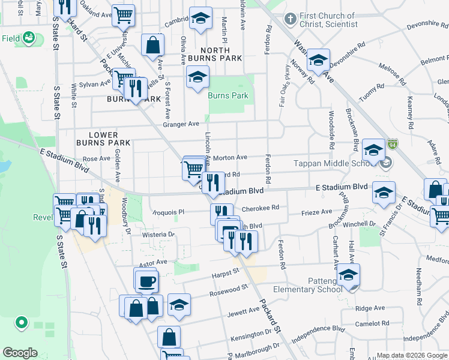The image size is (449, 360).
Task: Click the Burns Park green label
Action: point(228,95)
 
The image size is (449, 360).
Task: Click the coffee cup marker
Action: point(146,280)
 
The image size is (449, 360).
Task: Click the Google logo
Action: point(20,353)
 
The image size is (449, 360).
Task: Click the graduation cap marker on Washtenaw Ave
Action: point(318,60)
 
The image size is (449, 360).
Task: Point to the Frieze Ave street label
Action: point(316,212)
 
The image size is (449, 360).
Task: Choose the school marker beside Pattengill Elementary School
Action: point(348,275)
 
